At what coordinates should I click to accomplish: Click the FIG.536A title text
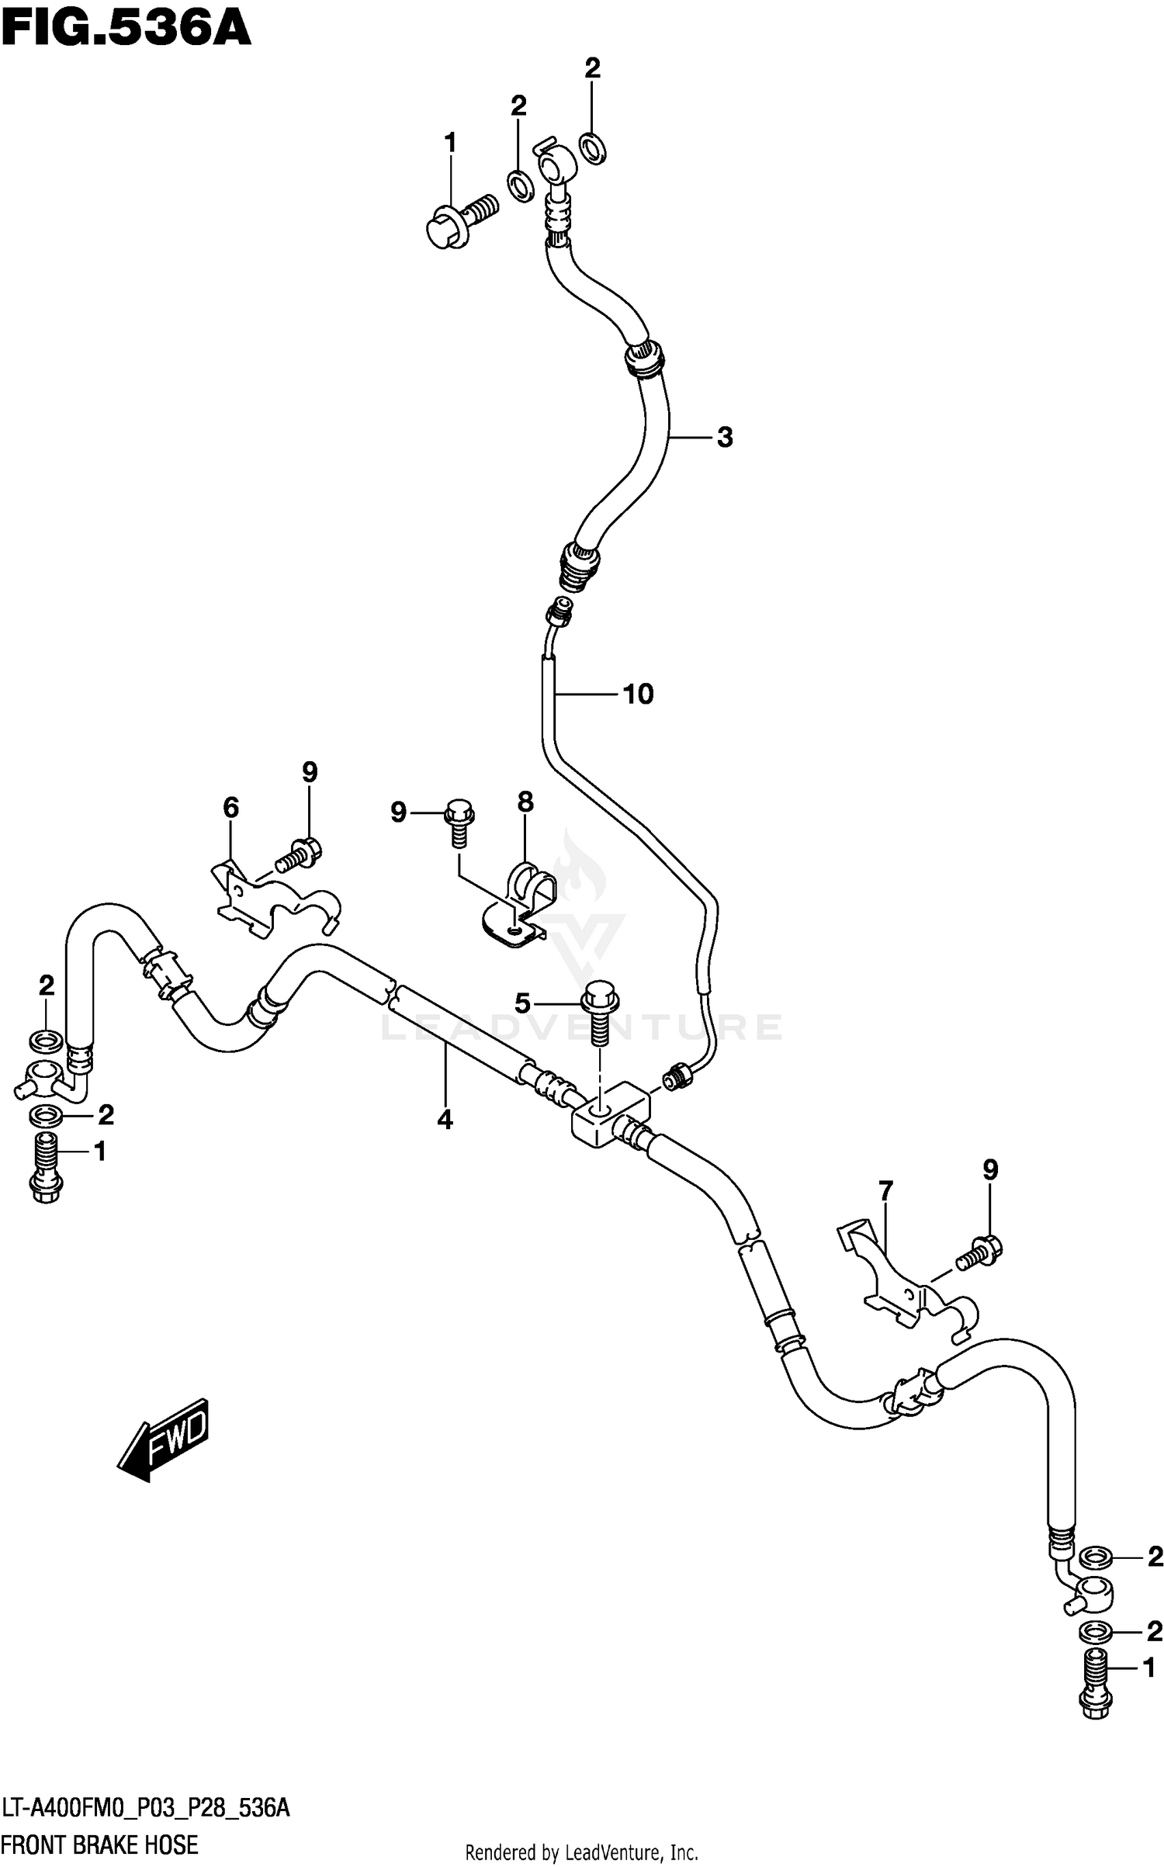point(126,31)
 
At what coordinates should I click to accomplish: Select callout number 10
point(638,694)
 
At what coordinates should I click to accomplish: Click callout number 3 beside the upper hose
point(724,438)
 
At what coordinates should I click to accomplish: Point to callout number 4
point(445,1120)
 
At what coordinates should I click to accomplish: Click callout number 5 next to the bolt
point(522,1004)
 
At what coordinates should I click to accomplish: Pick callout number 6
point(230,809)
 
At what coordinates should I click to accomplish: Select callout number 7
point(885,1190)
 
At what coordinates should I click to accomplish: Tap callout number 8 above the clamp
point(525,802)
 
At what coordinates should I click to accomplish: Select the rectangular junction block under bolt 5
point(611,1117)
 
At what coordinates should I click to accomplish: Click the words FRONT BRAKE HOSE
point(100,1844)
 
